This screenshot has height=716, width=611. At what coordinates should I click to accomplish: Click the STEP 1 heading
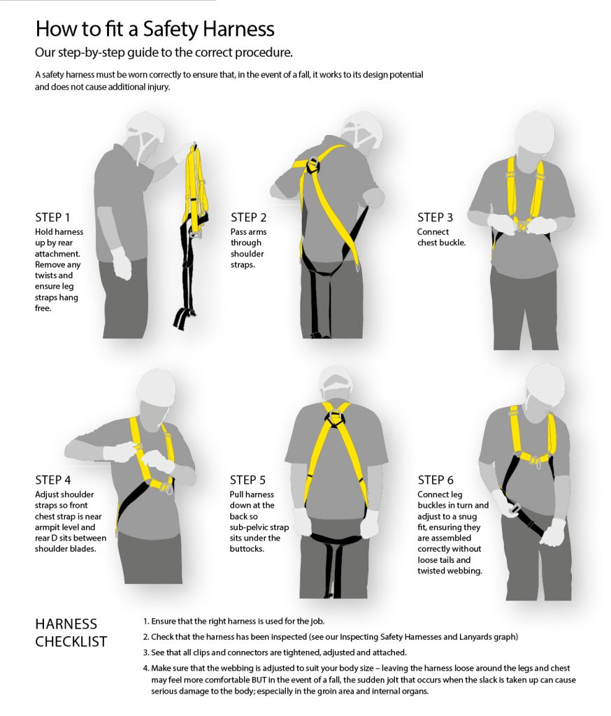52,217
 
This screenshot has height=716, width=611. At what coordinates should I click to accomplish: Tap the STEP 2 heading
248,217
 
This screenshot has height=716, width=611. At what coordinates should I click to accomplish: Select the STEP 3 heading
436,217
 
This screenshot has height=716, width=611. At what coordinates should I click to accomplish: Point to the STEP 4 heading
53,480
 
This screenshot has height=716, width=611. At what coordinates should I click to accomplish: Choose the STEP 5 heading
247,480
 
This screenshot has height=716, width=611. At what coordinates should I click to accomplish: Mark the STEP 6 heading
436,480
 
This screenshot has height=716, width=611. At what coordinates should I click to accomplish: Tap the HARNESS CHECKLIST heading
71,633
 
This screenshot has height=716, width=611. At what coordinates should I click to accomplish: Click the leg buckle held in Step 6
515,509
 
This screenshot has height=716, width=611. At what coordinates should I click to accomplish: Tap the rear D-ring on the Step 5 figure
335,417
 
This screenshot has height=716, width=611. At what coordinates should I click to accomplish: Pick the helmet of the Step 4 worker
156,386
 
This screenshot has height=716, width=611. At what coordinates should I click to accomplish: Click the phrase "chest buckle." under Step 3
441,243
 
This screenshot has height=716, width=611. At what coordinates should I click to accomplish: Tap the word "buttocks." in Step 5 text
247,549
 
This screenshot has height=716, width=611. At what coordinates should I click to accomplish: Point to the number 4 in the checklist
145,668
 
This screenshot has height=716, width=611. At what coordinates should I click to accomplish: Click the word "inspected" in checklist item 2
289,637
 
